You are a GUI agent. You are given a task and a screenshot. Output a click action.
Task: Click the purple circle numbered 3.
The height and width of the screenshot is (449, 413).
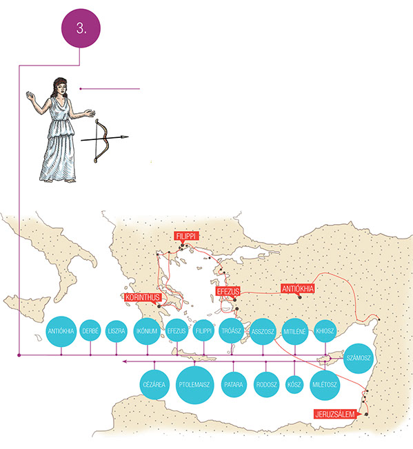pyautogui.click(x=81, y=28)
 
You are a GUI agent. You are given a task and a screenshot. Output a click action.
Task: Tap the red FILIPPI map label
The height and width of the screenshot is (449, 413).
pyautogui.click(x=185, y=237)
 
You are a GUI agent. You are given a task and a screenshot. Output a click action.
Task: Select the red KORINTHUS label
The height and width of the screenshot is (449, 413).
pyautogui.click(x=143, y=297)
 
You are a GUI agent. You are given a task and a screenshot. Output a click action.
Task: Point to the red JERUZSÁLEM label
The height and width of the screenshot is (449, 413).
pyautogui.click(x=335, y=414)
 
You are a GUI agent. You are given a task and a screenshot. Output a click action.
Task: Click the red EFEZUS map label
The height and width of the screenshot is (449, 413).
pyautogui.click(x=228, y=291)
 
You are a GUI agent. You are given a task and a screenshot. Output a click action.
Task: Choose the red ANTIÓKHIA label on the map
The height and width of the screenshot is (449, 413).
pyautogui.click(x=298, y=288)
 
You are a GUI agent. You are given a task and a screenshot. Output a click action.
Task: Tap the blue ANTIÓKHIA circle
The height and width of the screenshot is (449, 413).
pyautogui.click(x=61, y=331)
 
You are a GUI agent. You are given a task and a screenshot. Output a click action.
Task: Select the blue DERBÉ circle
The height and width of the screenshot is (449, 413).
pyautogui.click(x=90, y=331)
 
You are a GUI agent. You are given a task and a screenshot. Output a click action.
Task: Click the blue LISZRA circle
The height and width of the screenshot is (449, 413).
pyautogui.click(x=117, y=331)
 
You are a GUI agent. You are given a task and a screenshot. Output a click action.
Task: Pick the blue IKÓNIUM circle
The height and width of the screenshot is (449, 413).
pyautogui.click(x=147, y=331)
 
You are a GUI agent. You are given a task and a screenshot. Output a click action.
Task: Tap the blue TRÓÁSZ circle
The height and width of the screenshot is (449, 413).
pyautogui.click(x=231, y=331)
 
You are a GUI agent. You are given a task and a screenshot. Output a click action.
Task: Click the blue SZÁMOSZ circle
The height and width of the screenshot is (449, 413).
pyautogui.click(x=359, y=358)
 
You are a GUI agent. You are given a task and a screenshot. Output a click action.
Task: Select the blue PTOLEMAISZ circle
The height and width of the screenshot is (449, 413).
pyautogui.click(x=194, y=385)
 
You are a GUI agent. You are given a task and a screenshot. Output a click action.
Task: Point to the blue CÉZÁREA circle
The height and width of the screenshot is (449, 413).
pyautogui.click(x=154, y=384)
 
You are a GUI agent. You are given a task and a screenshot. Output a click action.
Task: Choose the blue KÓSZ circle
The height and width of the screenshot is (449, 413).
pyautogui.click(x=294, y=384)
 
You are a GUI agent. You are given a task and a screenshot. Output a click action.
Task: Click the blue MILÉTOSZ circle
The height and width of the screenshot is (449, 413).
pyautogui.click(x=325, y=385)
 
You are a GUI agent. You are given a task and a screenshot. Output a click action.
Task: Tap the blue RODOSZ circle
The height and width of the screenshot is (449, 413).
pyautogui.click(x=266, y=385)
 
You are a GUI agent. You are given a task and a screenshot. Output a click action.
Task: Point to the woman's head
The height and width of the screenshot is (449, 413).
pyautogui.click(x=60, y=86)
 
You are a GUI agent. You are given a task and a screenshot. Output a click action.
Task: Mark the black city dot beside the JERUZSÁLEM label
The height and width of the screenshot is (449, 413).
pyautogui.click(x=366, y=415)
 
